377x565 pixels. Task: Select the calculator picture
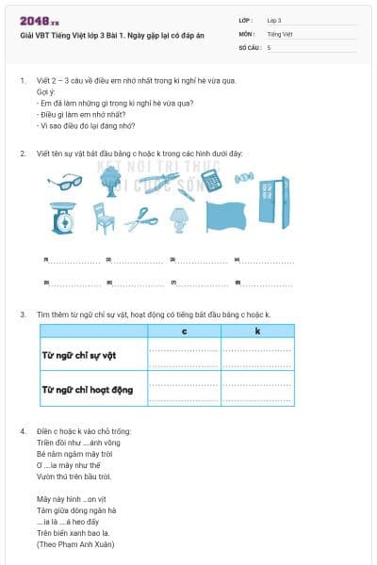[x=211, y=179]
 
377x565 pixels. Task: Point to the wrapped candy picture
[x=242, y=176]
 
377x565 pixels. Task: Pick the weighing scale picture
[x=62, y=218]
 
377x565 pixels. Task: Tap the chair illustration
[x=103, y=219]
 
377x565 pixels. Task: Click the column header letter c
[x=185, y=331]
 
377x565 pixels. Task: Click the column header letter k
[x=257, y=331]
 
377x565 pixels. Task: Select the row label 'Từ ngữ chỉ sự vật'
[x=83, y=356]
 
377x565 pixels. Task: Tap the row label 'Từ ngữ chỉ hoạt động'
[x=88, y=388]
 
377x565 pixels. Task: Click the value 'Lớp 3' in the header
[x=274, y=19]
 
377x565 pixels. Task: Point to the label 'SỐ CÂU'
[x=249, y=46]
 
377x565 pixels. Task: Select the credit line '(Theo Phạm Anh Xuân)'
[x=71, y=544]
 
